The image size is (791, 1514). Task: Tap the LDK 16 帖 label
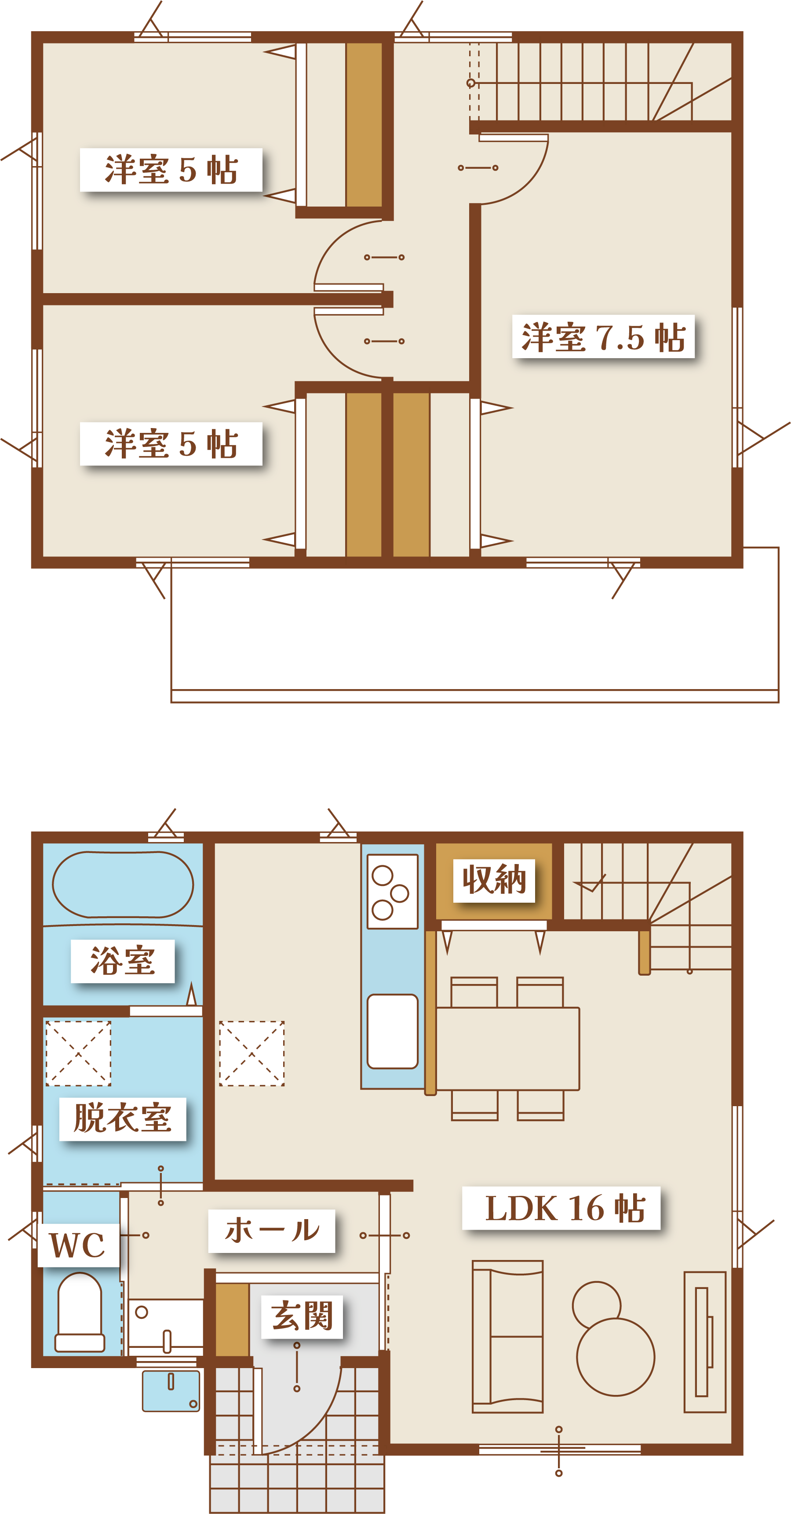coord(565,1209)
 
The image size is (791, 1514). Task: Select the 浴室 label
coord(122,962)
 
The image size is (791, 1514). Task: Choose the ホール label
coord(272,1230)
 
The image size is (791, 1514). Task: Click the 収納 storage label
coord(494,880)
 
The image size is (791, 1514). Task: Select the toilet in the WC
coord(80,1312)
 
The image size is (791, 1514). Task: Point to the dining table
coord(507,1049)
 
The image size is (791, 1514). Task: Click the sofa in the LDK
coord(507,1336)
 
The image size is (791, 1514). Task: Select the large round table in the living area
coord(615,1357)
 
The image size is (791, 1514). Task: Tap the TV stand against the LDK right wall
coord(704,1341)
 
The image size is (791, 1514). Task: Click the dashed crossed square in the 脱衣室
coord(78,1053)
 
